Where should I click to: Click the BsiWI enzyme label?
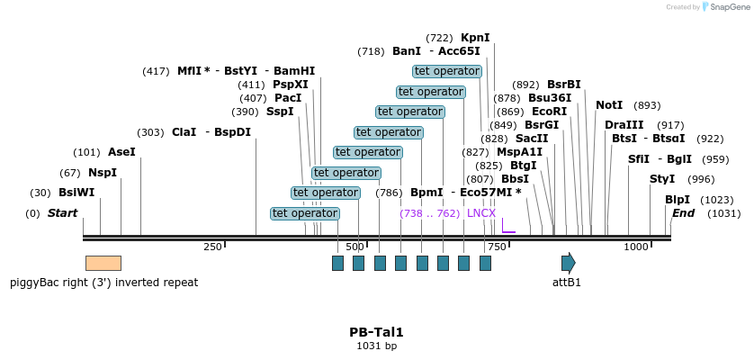point(76,193)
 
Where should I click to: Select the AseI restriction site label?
point(121,152)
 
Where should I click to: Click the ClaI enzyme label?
point(184,132)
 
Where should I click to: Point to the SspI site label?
point(280,112)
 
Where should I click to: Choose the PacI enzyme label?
point(288,98)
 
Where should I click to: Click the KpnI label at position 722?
point(475,38)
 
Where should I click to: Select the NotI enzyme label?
point(609,105)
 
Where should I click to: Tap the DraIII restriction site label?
point(624,125)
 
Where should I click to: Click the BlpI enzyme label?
point(678,200)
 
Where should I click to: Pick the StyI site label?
point(662,179)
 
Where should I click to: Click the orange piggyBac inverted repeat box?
point(103,263)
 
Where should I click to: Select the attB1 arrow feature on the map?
point(568,263)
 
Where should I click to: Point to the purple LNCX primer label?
point(481,213)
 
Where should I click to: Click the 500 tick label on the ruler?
point(355,247)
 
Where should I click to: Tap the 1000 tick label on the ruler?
point(636,247)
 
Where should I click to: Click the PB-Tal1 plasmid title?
point(376,332)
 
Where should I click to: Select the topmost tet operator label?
point(447,71)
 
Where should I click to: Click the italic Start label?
point(62,213)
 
